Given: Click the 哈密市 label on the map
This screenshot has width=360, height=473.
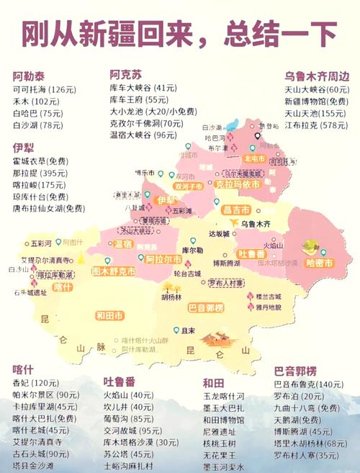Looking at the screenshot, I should click(319, 263).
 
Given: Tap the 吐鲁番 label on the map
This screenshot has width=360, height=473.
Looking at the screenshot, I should click(253, 254).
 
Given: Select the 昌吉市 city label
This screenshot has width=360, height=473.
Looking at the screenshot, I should click(235, 210).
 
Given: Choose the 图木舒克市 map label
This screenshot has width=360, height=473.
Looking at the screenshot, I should click(114, 271).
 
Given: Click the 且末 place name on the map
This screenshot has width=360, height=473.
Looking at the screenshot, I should click(189, 330).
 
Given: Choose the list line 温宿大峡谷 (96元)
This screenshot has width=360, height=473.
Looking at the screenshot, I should click(143, 135).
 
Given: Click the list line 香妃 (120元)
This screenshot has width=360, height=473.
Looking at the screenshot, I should click(35, 382).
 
